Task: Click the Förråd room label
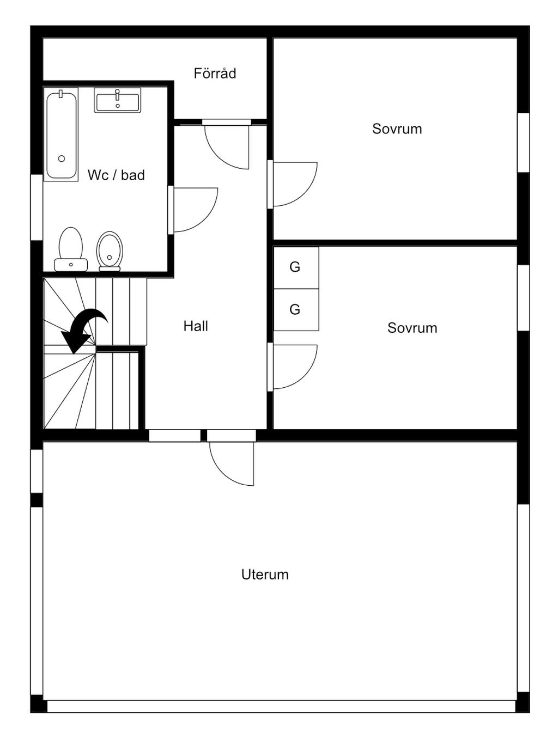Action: [x=215, y=74]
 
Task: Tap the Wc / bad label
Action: [x=116, y=175]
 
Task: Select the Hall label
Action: [x=196, y=326]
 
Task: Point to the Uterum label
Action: [x=265, y=575]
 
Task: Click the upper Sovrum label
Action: [x=397, y=129]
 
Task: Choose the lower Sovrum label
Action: [x=412, y=328]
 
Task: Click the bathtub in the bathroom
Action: [x=61, y=135]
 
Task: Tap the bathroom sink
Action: [x=117, y=100]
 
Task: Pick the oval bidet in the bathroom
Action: [x=110, y=251]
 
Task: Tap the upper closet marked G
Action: [x=295, y=267]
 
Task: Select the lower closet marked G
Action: [x=295, y=309]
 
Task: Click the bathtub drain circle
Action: [x=62, y=158]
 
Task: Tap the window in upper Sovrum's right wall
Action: [x=523, y=143]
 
